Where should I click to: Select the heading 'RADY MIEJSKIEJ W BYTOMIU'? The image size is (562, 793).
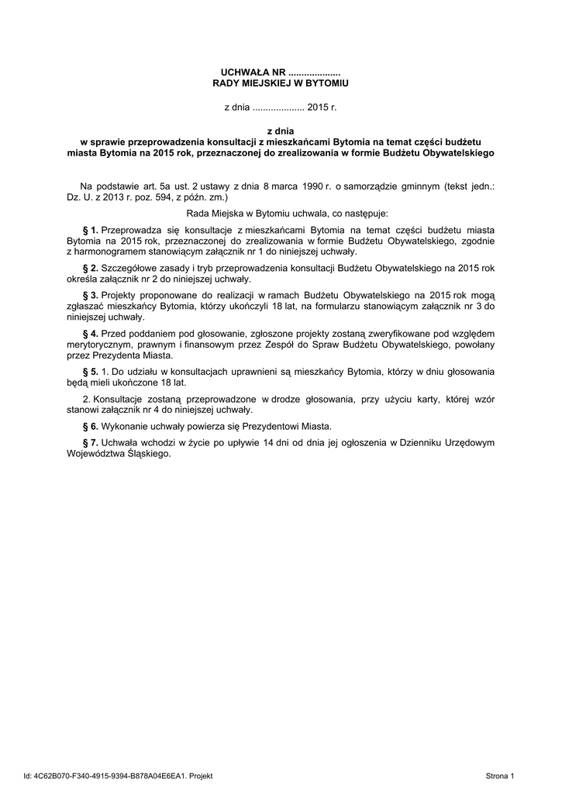[x=281, y=82]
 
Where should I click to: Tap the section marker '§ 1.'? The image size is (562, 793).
[x=90, y=230]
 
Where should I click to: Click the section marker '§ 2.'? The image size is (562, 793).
[x=90, y=268]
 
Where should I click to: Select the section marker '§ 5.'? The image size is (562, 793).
[x=90, y=372]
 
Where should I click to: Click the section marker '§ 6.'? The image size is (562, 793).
[x=90, y=426]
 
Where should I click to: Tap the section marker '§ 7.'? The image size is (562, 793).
[x=90, y=443]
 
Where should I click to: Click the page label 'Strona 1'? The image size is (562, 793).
[x=500, y=775]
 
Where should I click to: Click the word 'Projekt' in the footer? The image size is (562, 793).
[x=201, y=775]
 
